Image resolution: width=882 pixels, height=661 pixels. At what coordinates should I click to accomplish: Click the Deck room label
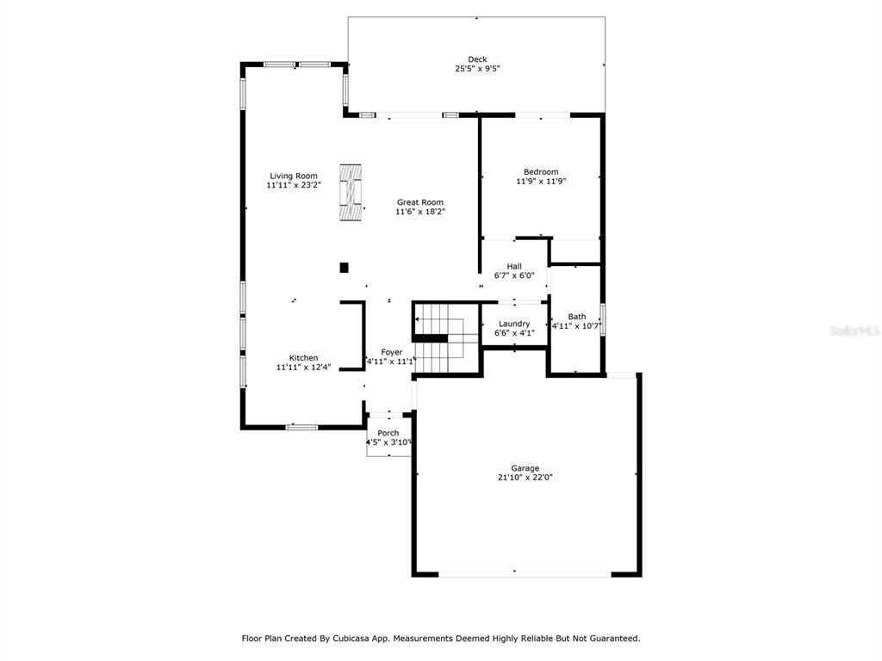[x=477, y=59]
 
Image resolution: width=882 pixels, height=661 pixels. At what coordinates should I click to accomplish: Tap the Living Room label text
[x=294, y=176]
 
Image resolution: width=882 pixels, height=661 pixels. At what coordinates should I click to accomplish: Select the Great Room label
[x=420, y=202]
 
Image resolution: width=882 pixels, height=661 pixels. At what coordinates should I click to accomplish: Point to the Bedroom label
[x=541, y=172]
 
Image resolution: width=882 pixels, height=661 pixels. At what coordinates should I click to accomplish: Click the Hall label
[x=514, y=267]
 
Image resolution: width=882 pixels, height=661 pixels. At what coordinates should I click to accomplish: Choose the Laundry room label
[x=514, y=324]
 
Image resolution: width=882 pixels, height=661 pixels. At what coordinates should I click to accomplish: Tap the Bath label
[x=576, y=317]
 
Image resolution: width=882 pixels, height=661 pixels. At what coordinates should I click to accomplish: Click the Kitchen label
[x=304, y=358]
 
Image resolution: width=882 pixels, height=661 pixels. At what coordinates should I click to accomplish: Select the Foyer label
[x=392, y=352]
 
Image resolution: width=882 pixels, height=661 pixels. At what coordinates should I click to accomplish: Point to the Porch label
[x=388, y=433]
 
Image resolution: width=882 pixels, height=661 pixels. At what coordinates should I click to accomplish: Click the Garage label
[x=525, y=468]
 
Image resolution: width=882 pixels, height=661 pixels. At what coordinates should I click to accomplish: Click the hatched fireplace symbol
[x=351, y=192]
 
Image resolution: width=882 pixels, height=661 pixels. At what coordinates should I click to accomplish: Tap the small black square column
[x=345, y=268]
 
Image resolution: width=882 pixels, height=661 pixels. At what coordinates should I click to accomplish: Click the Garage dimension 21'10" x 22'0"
[x=525, y=477]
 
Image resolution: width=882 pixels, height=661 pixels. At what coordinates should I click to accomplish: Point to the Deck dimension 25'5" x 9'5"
[x=477, y=69]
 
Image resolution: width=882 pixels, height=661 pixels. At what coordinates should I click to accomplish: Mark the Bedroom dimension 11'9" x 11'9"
[x=541, y=181]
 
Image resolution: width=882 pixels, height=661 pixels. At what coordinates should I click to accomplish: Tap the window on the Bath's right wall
[x=602, y=320]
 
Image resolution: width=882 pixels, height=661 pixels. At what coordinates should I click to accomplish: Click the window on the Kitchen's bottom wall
[x=302, y=427]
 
